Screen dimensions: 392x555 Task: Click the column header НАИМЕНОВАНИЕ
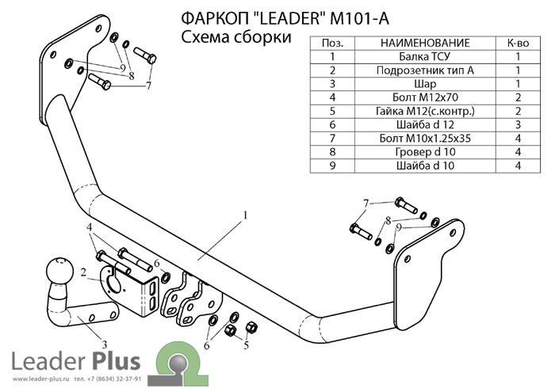pyautogui.click(x=425, y=43)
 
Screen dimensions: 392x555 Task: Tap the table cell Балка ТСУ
pyautogui.click(x=425, y=56)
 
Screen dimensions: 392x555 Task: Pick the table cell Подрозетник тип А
pyautogui.click(x=425, y=70)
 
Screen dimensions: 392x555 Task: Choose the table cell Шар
pyautogui.click(x=425, y=84)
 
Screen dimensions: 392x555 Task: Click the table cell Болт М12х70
pyautogui.click(x=425, y=97)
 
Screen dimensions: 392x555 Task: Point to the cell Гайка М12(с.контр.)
pyautogui.click(x=425, y=111)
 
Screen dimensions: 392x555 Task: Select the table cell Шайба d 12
pyautogui.click(x=425, y=125)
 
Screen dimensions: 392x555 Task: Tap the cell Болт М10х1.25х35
pyautogui.click(x=425, y=139)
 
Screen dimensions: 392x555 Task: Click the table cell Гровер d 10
pyautogui.click(x=425, y=152)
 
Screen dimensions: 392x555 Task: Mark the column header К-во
pyautogui.click(x=517, y=43)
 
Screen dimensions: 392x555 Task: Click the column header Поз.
pyautogui.click(x=335, y=43)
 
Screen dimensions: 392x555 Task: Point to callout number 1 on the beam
pyautogui.click(x=246, y=215)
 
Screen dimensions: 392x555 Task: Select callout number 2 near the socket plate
pyautogui.click(x=82, y=273)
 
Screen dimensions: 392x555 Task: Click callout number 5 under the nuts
pyautogui.click(x=246, y=345)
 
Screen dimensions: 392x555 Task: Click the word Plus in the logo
pyautogui.click(x=114, y=362)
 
